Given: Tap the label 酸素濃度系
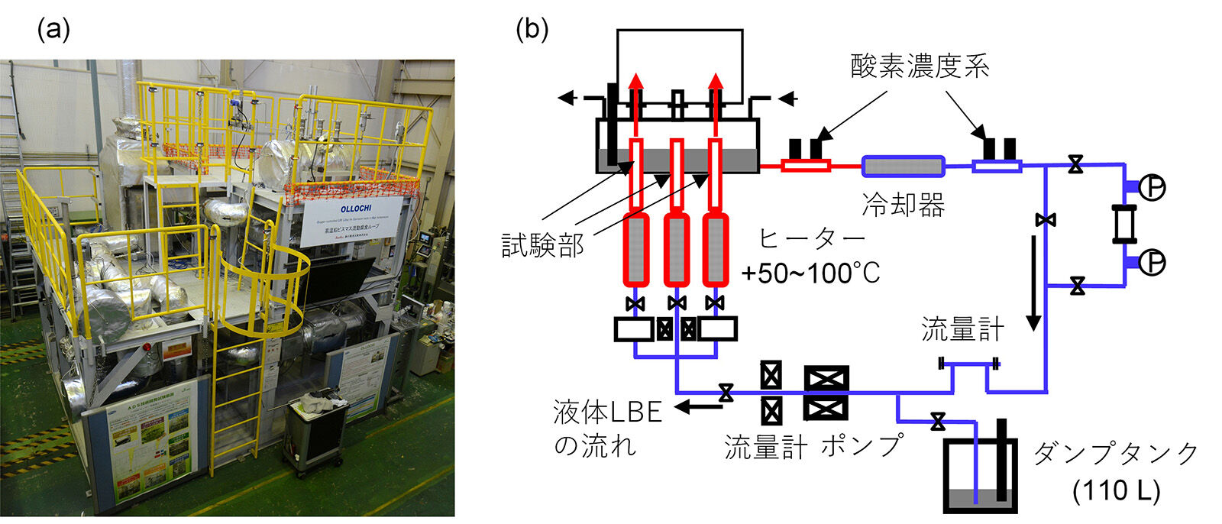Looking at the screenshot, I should coord(920,66).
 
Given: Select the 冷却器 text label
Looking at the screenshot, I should coord(903,205).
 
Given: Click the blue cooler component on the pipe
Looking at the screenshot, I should coord(903,165).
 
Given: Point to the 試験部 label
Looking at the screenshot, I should coord(542,245).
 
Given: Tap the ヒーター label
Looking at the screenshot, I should coord(811,239).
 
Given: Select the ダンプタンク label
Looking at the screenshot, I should coord(1116,454).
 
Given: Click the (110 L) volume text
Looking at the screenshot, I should coord(1116,490).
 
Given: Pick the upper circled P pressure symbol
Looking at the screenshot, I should coord(1152,186).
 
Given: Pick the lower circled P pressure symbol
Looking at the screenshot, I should coord(1152,262).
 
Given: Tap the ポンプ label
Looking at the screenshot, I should coord(862,447).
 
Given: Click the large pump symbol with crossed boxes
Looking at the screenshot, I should coord(826,393).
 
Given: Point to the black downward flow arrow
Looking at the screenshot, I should coord(1033,283).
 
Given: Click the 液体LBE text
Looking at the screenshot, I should coord(607,412).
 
